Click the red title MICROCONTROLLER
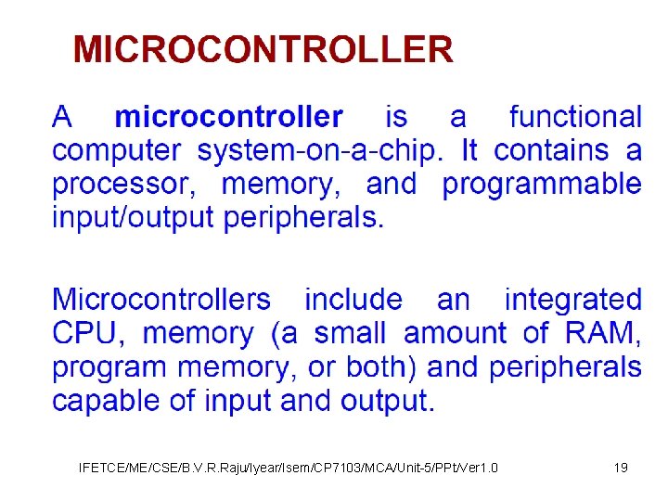coord(263,48)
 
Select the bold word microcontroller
coord(228,117)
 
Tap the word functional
coord(575,117)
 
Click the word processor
coord(123,184)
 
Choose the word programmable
coord(542,184)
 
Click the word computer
coord(117,151)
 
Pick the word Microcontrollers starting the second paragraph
coord(161,300)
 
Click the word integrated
coord(572,300)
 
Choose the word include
coord(353,300)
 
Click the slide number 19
coord(621,468)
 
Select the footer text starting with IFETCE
coord(289,468)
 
